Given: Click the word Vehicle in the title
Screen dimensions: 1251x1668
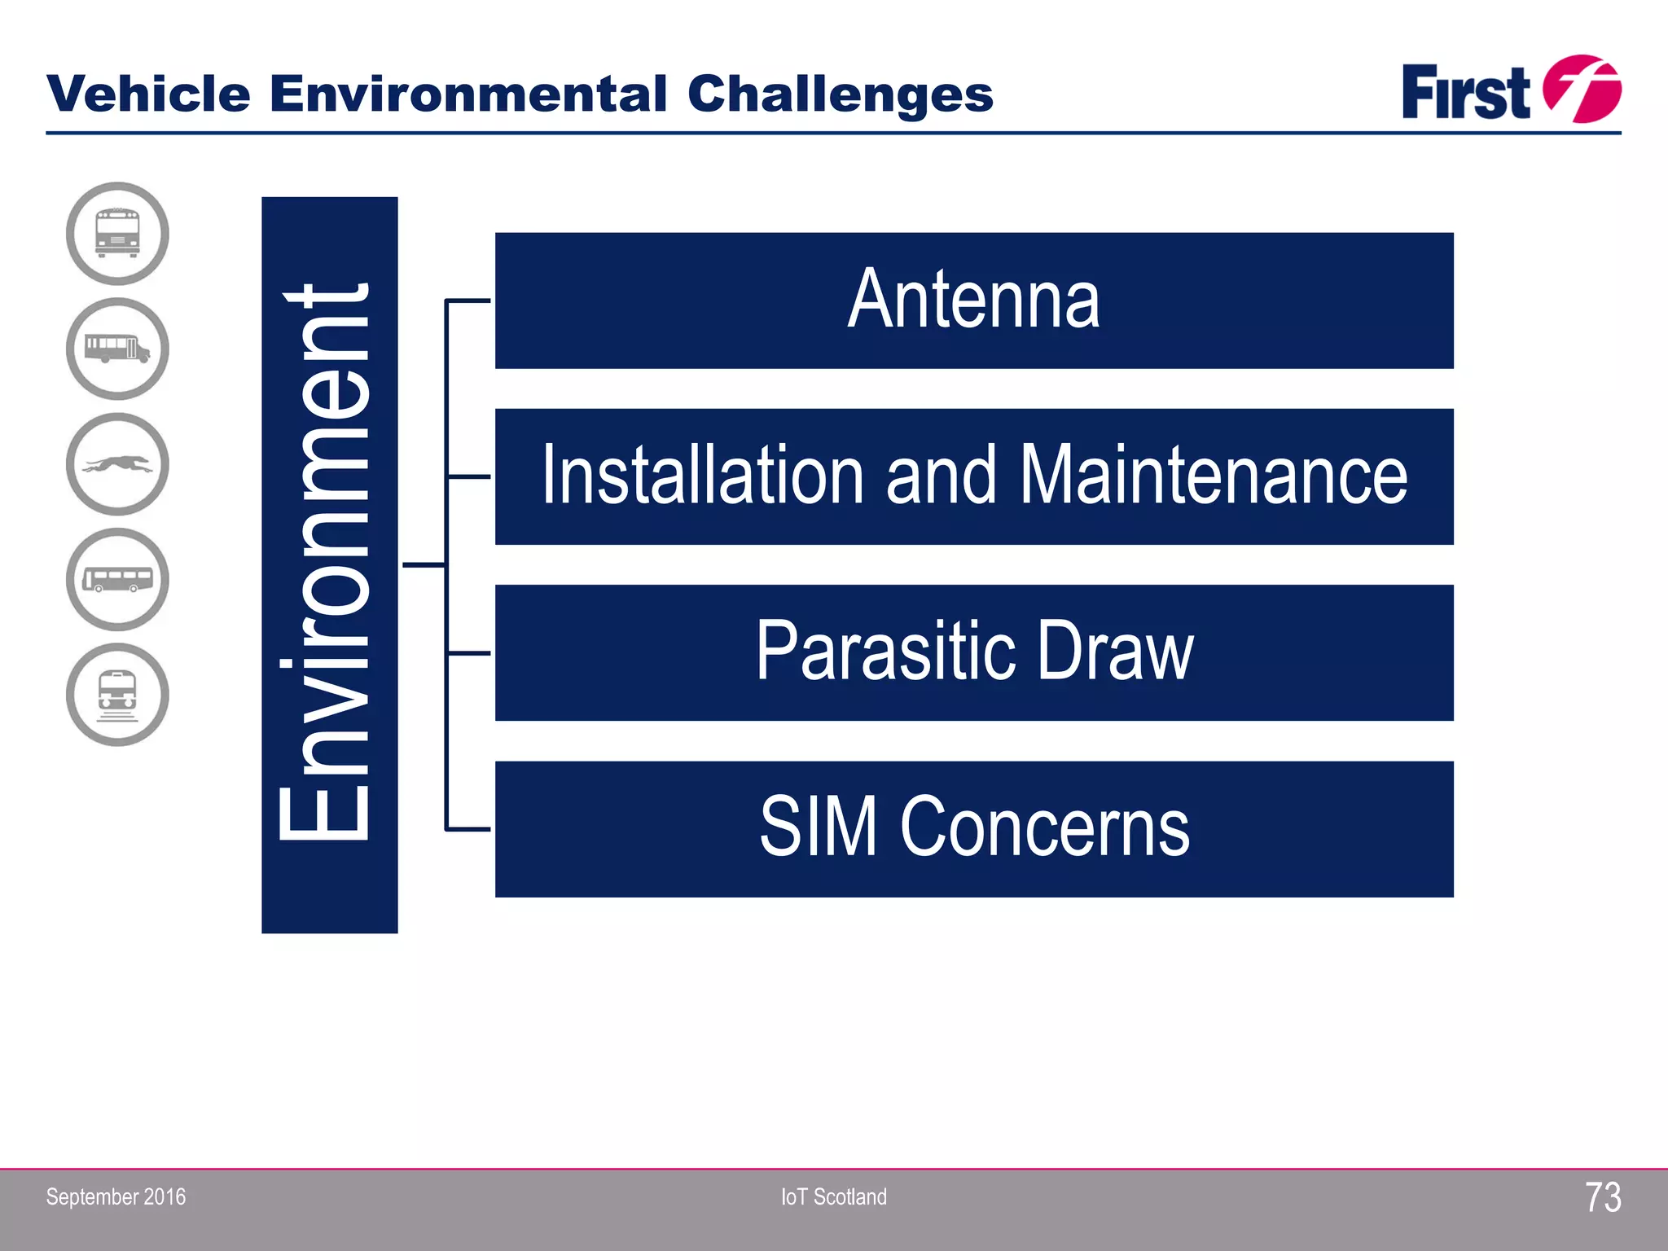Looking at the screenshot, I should [x=148, y=94].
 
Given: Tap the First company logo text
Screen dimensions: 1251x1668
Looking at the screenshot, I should [x=1465, y=92].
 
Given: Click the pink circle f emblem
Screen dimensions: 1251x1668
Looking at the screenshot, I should [x=1582, y=89].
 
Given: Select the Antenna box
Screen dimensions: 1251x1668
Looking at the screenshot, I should [x=973, y=301].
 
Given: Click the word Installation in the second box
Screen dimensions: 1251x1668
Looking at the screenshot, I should [x=702, y=476].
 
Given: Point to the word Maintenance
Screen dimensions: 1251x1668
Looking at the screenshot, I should [x=1213, y=476].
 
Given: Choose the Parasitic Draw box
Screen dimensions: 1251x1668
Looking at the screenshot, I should [x=973, y=652].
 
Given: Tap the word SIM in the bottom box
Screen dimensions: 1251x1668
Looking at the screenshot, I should [x=818, y=828].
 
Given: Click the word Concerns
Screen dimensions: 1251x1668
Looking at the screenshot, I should [x=1044, y=828].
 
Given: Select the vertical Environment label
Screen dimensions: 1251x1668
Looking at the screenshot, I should [x=329, y=564].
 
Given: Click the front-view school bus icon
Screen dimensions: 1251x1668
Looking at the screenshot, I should [x=117, y=234].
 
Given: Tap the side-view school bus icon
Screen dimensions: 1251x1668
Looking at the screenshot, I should [x=117, y=349].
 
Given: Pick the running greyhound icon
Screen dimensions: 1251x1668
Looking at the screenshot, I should [x=117, y=464].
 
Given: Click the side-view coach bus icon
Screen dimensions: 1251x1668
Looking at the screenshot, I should [x=117, y=579].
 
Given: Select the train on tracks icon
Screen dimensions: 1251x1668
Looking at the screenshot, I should [x=117, y=695].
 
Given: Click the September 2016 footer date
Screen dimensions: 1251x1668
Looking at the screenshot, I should [x=116, y=1196].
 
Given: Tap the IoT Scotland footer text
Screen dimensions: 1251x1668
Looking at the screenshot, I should [x=833, y=1196].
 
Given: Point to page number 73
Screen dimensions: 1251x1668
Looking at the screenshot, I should [x=1602, y=1197].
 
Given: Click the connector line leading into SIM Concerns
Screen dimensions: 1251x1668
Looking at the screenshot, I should [x=468, y=829].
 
